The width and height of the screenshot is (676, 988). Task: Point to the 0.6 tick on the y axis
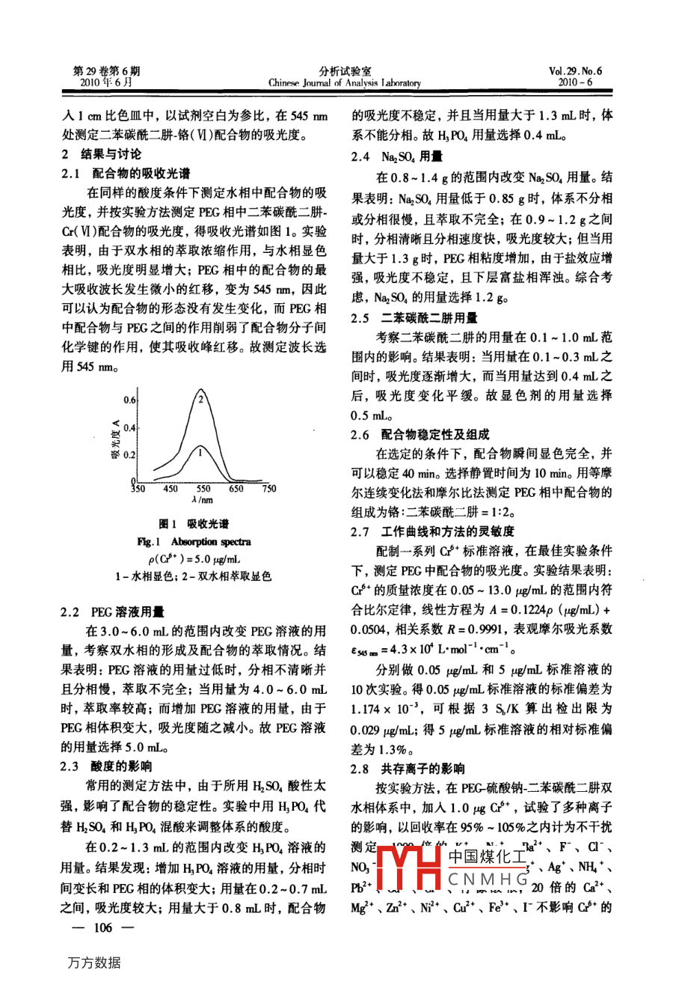click(x=129, y=400)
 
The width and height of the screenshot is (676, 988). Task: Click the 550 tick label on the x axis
click(x=203, y=489)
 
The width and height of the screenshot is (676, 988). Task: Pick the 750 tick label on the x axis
click(x=268, y=489)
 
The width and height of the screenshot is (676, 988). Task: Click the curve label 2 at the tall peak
click(x=200, y=399)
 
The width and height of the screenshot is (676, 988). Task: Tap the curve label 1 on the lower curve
click(x=200, y=451)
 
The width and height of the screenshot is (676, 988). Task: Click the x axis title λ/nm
click(x=202, y=500)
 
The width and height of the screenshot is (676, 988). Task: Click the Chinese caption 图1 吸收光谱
click(x=194, y=524)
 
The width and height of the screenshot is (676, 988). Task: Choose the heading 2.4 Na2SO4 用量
click(x=396, y=157)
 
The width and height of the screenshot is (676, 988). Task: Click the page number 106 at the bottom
click(x=101, y=928)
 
